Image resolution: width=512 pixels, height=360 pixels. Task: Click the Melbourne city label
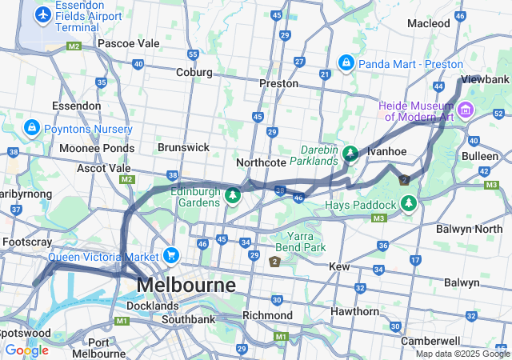pos(186,286)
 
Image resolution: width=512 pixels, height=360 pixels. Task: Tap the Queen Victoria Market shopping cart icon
pos(170,256)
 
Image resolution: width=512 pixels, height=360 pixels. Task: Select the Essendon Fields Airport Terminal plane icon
pos(42,14)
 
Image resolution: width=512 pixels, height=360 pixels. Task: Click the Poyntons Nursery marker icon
pos(31,128)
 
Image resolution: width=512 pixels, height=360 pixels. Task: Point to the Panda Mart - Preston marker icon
pos(346,62)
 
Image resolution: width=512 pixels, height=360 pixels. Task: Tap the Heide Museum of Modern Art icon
pos(466,109)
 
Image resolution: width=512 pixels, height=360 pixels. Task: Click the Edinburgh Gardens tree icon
pos(233,195)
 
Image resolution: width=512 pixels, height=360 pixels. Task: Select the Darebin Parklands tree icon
pos(350,152)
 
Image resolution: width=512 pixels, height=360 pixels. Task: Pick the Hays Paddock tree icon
pos(409,204)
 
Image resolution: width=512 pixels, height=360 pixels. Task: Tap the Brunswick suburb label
pos(183,147)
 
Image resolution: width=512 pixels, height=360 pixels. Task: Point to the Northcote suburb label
pos(261,162)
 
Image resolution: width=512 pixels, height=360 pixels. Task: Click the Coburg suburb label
pos(194,72)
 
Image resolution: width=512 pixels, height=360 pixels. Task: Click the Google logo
pos(26,350)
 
